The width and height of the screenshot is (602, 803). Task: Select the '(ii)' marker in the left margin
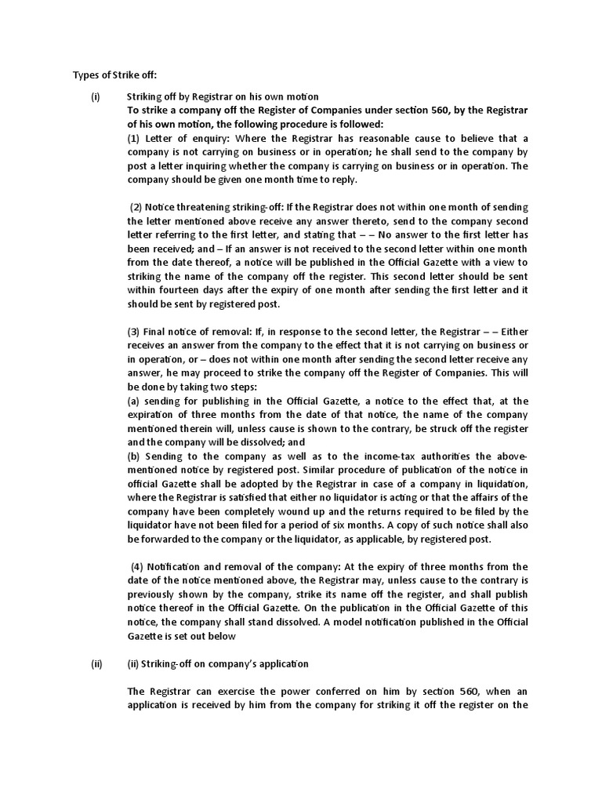pos(96,663)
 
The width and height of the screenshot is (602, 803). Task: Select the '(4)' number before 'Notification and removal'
pos(137,565)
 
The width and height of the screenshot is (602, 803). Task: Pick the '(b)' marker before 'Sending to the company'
pos(134,456)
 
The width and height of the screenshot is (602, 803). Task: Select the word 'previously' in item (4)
pos(154,594)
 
